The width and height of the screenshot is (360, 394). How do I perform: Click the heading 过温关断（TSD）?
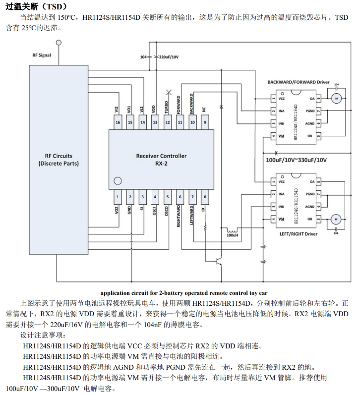coord(35,6)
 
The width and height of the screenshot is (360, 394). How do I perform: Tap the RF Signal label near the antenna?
coord(42,56)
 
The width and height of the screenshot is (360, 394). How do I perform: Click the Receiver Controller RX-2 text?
coord(161,159)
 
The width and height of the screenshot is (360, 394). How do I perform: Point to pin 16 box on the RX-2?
coord(118,122)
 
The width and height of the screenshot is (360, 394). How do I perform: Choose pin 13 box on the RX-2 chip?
coord(155,122)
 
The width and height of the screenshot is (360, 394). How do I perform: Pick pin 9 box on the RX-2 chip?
coord(205,122)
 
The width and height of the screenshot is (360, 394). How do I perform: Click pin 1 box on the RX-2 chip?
coord(118,197)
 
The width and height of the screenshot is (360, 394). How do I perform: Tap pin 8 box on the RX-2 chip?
coord(205,197)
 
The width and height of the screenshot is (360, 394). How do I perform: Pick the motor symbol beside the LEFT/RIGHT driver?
coord(336,218)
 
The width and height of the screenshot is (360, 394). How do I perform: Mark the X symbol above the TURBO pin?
coord(169,92)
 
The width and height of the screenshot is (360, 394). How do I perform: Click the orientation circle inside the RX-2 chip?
coord(118,180)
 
